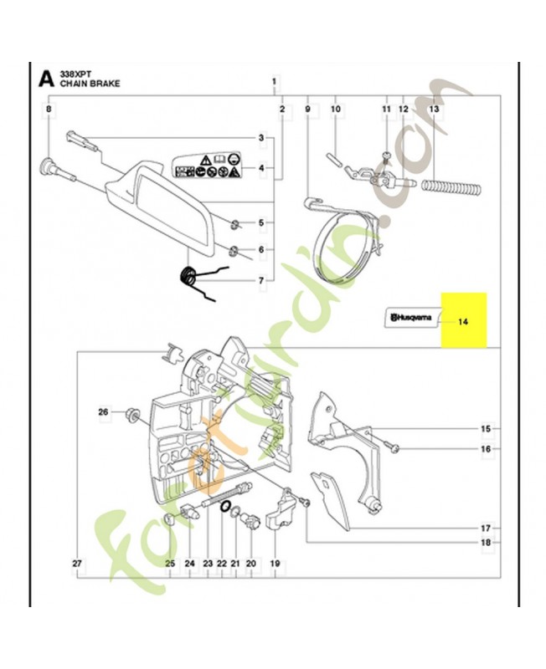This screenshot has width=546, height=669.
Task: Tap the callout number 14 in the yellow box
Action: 462,319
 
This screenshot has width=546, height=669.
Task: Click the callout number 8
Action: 48,109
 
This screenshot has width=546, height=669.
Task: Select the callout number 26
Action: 103,411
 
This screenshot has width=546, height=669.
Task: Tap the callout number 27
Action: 77,564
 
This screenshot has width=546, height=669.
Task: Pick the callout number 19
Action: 275,564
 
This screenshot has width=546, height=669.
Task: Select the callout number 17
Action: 485,529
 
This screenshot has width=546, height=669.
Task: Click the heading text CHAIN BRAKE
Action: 85,84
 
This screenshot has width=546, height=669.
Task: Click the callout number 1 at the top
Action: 274,81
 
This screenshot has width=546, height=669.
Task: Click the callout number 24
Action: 189,564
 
